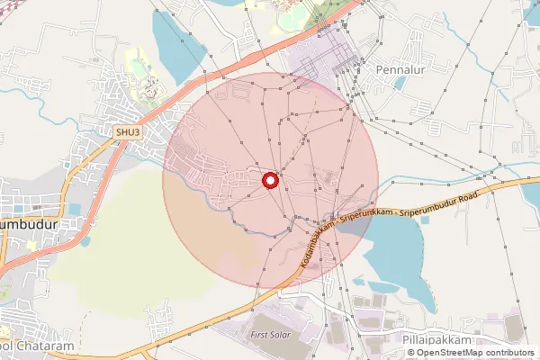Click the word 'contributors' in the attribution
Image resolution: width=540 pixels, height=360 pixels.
tap(508, 353)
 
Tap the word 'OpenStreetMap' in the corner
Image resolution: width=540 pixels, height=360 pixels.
tap(449, 353)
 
